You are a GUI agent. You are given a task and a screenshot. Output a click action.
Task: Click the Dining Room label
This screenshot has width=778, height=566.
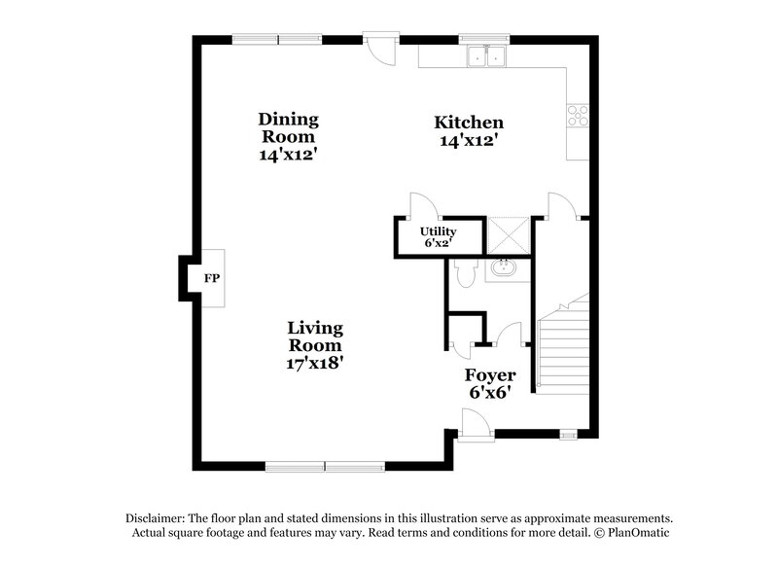click(x=288, y=127)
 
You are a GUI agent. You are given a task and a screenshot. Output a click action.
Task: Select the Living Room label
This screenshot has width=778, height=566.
click(x=314, y=336)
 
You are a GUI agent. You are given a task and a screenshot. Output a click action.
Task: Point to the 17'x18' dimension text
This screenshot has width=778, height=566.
click(x=314, y=363)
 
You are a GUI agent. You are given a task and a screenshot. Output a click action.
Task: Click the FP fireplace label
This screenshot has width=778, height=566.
click(x=211, y=279)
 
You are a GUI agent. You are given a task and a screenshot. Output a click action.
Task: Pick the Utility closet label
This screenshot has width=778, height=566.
click(x=437, y=231)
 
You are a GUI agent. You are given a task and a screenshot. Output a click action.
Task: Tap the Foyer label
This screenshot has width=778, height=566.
click(x=489, y=374)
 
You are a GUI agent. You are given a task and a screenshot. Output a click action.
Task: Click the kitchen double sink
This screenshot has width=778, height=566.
click(x=486, y=57)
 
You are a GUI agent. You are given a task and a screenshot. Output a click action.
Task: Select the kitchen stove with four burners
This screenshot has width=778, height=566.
click(x=578, y=116)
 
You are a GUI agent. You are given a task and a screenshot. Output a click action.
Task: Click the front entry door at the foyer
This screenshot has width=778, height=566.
click(x=475, y=424)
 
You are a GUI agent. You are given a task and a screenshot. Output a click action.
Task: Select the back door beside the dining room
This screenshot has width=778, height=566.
click(x=380, y=48)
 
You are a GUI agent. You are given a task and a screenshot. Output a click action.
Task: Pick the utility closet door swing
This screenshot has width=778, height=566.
click(x=423, y=205)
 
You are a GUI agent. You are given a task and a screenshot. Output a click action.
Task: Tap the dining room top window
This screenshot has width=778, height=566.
click(x=277, y=40)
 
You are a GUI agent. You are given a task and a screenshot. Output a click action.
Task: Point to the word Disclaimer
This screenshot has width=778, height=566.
click(x=156, y=518)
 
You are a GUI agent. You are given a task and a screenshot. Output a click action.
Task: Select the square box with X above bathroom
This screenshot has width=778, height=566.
click(x=507, y=234)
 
